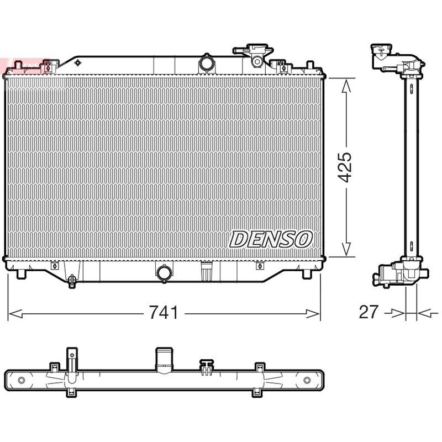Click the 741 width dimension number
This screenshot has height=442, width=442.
[x=164, y=312]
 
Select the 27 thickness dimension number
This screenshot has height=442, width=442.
[x=369, y=312]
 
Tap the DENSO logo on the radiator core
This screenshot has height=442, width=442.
[x=271, y=239]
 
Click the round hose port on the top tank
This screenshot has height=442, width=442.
[x=206, y=64]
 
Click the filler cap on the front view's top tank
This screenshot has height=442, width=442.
[x=256, y=55]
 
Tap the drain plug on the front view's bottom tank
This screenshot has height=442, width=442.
[x=72, y=281]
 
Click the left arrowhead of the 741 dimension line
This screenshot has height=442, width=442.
[x=15, y=313]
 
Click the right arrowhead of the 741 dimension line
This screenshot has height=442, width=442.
[x=313, y=313]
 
